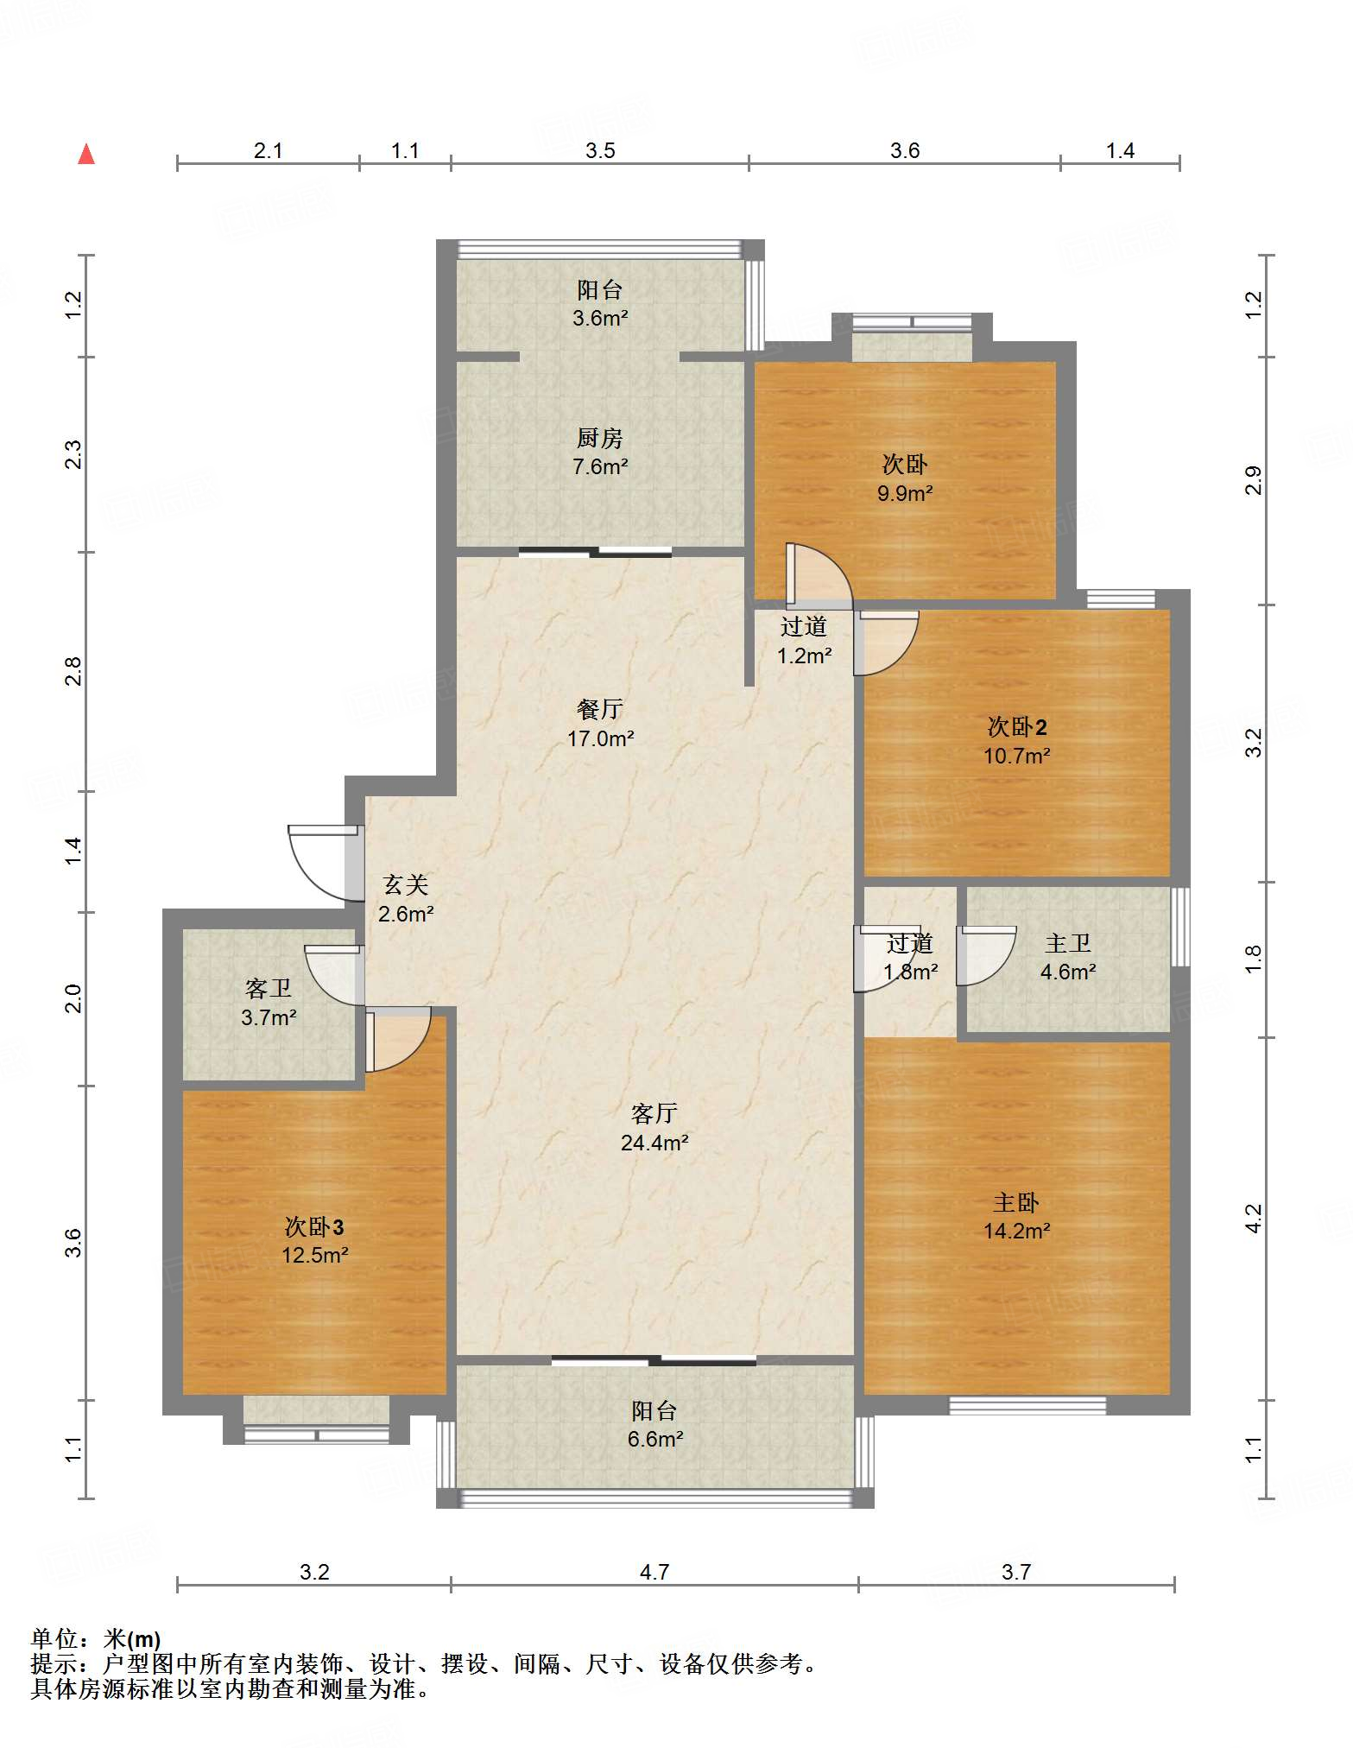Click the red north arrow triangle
pyautogui.click(x=86, y=154)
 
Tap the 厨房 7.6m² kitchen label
pyautogui.click(x=600, y=453)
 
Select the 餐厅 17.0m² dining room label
pyautogui.click(x=600, y=724)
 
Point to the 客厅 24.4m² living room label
pyautogui.click(x=654, y=1128)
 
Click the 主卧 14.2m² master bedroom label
pyautogui.click(x=1016, y=1216)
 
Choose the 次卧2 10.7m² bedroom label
pyautogui.click(x=1016, y=741)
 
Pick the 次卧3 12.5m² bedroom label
pyautogui.click(x=314, y=1240)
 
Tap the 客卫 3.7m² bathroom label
pyautogui.click(x=269, y=1003)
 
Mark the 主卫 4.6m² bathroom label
pyautogui.click(x=1068, y=957)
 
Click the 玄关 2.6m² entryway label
pyautogui.click(x=406, y=899)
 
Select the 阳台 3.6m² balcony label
pyautogui.click(x=600, y=303)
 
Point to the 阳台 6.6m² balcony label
pyautogui.click(x=655, y=1424)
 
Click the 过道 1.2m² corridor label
pyautogui.click(x=804, y=641)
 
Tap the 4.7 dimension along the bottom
pyautogui.click(x=654, y=1571)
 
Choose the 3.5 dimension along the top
pyautogui.click(x=600, y=150)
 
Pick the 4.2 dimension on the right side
pyautogui.click(x=1254, y=1219)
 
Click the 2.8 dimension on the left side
pyautogui.click(x=74, y=671)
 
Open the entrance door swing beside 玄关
pyautogui.click(x=323, y=864)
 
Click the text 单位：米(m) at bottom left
pyautogui.click(x=95, y=1638)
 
